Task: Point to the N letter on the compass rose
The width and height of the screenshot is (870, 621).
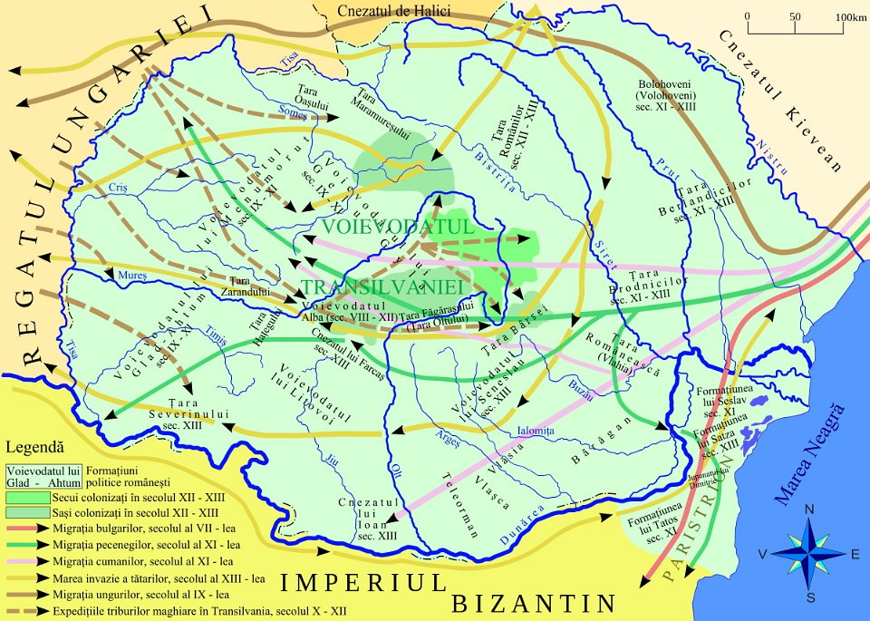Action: pos(810,509)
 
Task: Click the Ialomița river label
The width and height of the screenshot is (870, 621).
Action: pos(535,432)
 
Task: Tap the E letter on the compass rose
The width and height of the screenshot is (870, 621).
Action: pos(855,554)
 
